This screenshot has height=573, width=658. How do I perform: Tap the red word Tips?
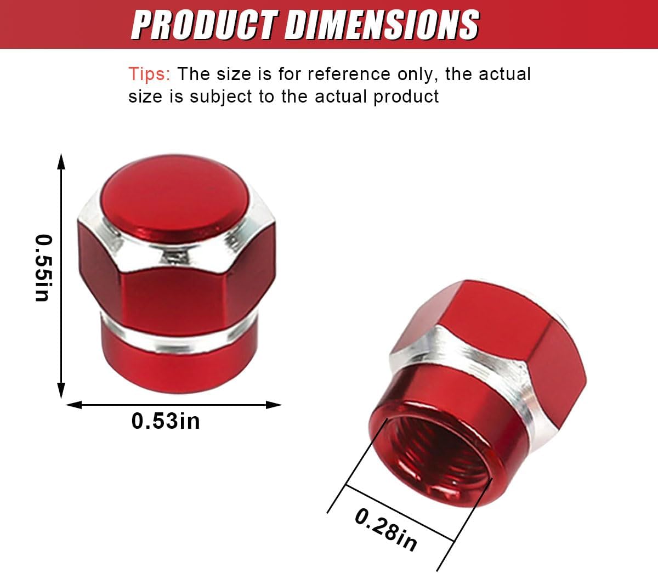pos(149,74)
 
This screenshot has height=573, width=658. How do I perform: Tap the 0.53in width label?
pos(166,421)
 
